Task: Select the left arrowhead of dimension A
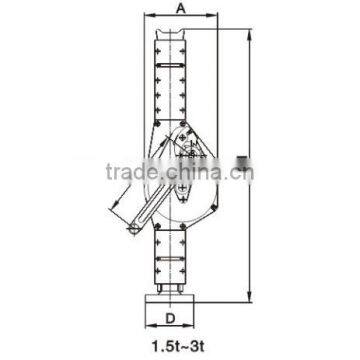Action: click(x=149, y=17)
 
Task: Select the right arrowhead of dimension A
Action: click(x=207, y=17)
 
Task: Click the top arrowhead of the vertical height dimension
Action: click(x=248, y=31)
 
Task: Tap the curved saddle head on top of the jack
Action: click(x=178, y=32)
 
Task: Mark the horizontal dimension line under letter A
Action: click(x=178, y=17)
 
